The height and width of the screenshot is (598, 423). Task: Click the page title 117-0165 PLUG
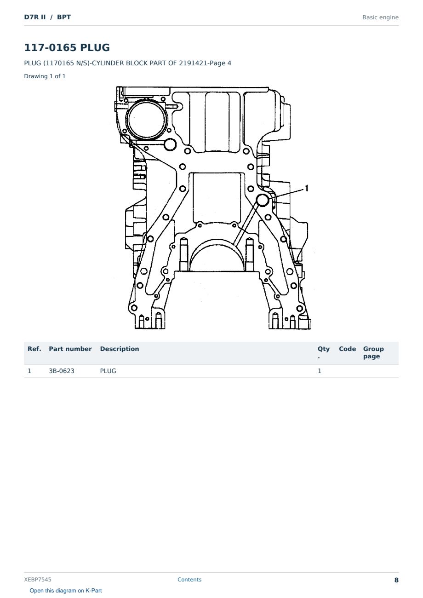[x=67, y=47]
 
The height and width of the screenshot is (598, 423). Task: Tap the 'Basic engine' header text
[x=380, y=17]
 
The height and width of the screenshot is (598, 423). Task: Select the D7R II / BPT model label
[x=47, y=17]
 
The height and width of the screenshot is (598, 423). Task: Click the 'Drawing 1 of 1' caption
[x=45, y=76]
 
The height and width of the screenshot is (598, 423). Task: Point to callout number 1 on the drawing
[x=307, y=188]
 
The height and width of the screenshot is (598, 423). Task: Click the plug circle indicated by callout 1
[x=263, y=200]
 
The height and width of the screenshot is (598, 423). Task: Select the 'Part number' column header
[x=70, y=349]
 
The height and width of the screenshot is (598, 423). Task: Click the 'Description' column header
[x=120, y=349]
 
